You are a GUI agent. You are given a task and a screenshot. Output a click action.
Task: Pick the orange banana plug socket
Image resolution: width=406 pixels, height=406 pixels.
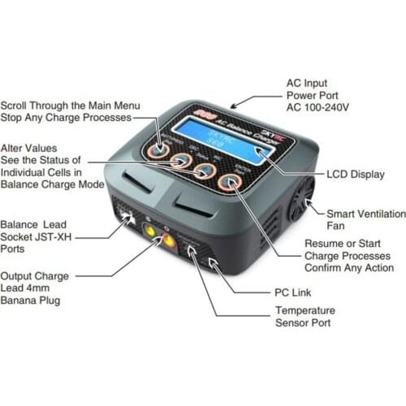coord(167,242)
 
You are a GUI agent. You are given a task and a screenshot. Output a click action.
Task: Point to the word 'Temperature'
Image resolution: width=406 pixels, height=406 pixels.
coord(305,310)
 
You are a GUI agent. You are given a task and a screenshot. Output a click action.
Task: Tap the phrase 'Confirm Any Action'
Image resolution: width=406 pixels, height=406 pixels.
coord(348,268)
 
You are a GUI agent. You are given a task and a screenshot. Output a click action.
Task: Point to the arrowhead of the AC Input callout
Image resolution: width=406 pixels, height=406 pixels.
coord(234,106)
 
